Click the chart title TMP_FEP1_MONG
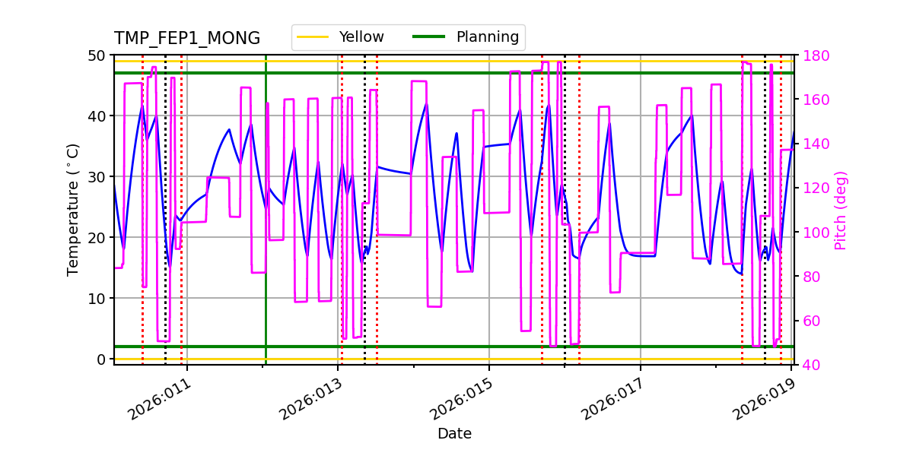(x=187, y=39)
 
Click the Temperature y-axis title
(x=73, y=209)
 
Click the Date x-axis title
(x=454, y=434)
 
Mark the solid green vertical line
(x=266, y=228)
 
